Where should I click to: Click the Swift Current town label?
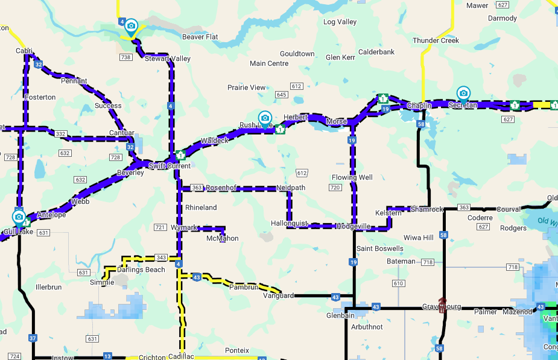click(x=170, y=166)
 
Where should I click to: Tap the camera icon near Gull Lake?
click(x=19, y=216)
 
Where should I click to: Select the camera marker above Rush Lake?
click(x=264, y=118)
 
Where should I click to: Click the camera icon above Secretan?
click(x=463, y=93)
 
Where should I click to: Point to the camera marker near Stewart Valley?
click(x=131, y=27)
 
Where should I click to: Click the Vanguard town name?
click(x=279, y=295)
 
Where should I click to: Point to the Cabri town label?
click(x=24, y=51)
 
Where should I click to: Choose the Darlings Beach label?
click(x=141, y=270)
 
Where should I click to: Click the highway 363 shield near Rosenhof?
click(x=197, y=188)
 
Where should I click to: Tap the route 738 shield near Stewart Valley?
click(x=125, y=57)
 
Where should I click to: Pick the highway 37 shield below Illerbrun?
click(x=33, y=338)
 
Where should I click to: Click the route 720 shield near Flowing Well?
click(x=335, y=188)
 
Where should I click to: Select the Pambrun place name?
click(x=244, y=287)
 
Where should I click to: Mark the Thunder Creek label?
click(x=436, y=40)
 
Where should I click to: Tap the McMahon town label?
click(x=223, y=238)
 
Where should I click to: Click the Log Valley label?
click(x=340, y=22)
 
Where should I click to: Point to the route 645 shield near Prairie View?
click(x=281, y=95)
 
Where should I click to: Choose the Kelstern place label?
click(x=388, y=213)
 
